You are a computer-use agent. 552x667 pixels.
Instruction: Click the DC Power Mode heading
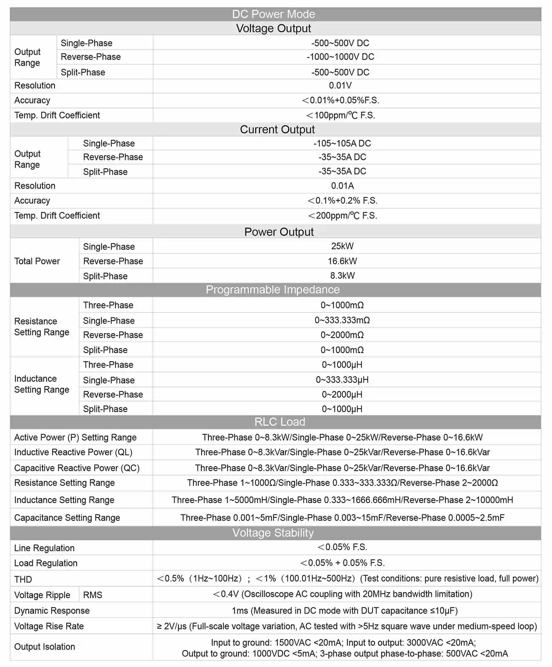pos(273,14)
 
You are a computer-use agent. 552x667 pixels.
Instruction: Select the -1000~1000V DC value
pos(340,57)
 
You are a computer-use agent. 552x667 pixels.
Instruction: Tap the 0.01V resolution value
pos(340,85)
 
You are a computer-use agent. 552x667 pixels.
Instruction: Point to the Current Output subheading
pos(277,130)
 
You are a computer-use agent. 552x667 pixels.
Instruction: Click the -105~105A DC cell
pos(342,144)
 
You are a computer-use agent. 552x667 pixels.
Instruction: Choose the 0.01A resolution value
pos(342,186)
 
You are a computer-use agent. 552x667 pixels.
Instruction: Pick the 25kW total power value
pos(342,246)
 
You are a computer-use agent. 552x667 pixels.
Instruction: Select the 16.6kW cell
pos(342,261)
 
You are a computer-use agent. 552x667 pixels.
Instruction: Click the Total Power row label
pos(37,261)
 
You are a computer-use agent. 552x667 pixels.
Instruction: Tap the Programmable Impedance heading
pos(273,290)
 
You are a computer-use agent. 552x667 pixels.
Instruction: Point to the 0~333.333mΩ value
pos(342,320)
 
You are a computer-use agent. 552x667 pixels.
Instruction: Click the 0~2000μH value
pos(342,394)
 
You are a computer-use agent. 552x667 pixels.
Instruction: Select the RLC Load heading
pos(279,422)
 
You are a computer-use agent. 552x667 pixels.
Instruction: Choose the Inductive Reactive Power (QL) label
pos(73,452)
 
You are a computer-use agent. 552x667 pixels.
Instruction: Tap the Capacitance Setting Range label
pos(67,517)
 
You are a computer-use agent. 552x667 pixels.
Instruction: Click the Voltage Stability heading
pos(273,533)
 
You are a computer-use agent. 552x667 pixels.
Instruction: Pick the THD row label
pos(23,579)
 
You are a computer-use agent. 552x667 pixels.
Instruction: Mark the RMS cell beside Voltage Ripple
pos(93,595)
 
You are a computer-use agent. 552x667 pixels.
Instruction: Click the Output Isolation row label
pos(45,647)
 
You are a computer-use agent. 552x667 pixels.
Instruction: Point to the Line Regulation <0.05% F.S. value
pos(342,547)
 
